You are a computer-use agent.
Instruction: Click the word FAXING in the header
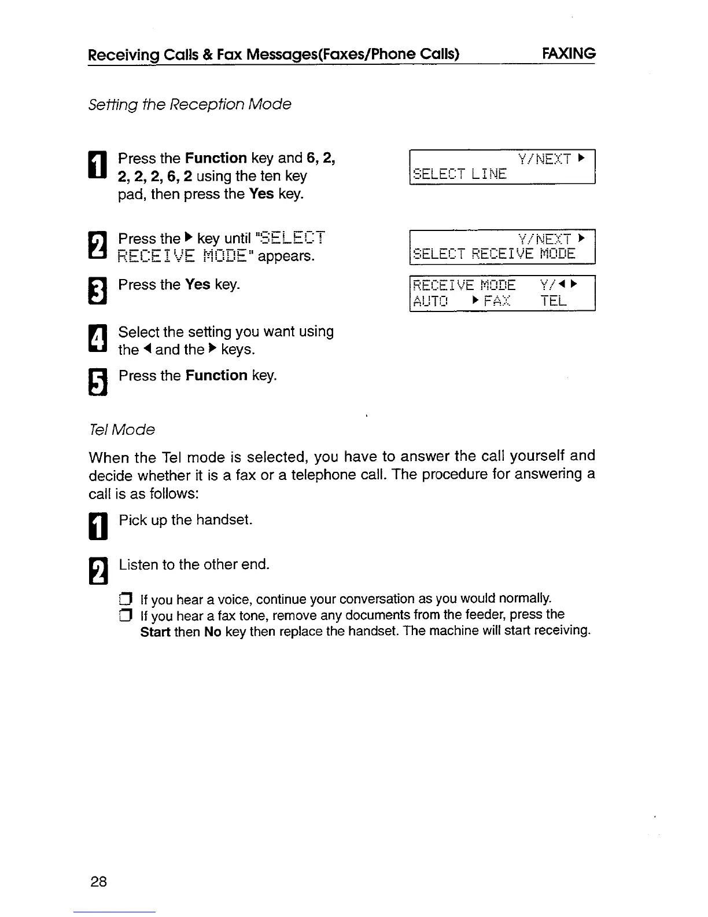point(569,53)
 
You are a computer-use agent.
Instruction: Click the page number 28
point(98,882)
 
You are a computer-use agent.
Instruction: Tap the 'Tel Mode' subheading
point(121,430)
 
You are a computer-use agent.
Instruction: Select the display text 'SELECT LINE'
point(460,174)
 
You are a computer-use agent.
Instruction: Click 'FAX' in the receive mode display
point(497,301)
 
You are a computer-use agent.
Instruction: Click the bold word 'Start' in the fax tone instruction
point(155,631)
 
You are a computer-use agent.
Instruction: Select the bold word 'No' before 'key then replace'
point(212,631)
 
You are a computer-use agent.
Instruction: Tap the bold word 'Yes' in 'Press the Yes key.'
point(197,285)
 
